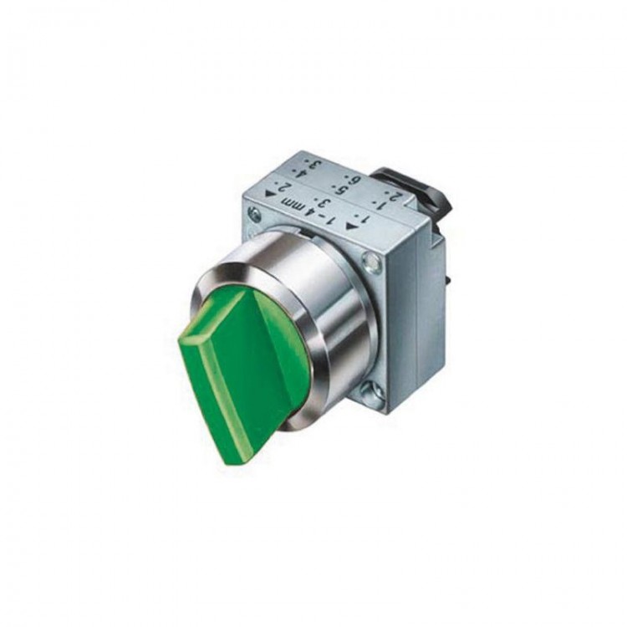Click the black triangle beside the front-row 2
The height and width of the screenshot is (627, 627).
270,194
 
